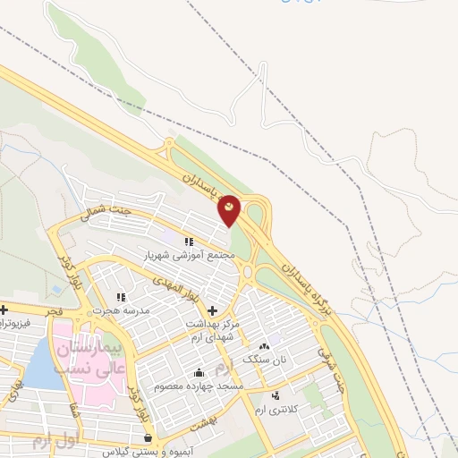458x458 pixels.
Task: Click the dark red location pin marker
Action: tap(230, 209)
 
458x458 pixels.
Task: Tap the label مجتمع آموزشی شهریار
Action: tap(189, 255)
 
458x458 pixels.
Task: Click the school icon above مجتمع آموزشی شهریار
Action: tap(189, 242)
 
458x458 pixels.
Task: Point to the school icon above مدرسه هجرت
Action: tap(121, 296)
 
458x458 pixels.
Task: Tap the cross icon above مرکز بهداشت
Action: tap(211, 310)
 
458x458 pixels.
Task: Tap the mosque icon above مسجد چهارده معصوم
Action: tap(198, 373)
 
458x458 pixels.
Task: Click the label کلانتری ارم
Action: tap(274, 408)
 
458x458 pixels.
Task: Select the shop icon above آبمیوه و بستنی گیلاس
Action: tap(148, 437)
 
